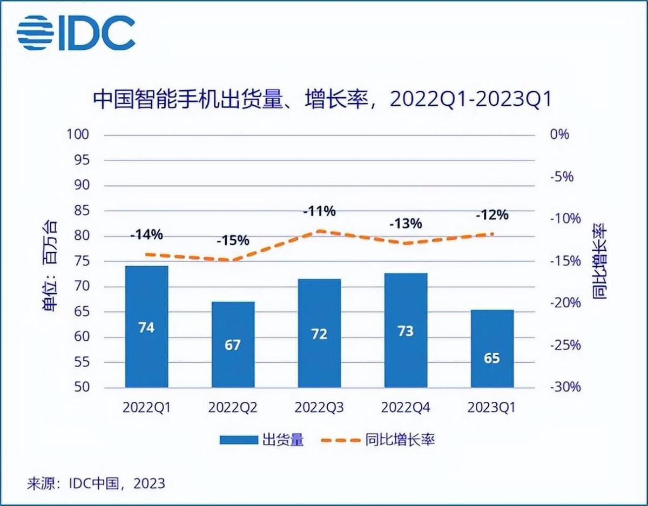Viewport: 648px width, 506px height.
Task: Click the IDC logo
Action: click(x=76, y=33)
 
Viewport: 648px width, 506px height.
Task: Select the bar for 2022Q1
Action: click(x=146, y=326)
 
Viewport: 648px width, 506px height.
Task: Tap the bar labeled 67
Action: click(x=233, y=345)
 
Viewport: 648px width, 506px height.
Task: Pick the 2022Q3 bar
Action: click(x=319, y=333)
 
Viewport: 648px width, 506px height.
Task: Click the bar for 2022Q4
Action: click(x=406, y=330)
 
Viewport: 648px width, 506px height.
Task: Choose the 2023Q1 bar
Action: click(x=492, y=348)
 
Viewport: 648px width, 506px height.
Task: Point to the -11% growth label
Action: click(x=319, y=211)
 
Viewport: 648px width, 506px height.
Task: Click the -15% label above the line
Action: click(x=233, y=240)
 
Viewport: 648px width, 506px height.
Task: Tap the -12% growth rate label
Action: click(x=492, y=215)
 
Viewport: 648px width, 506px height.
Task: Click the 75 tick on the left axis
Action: click(x=80, y=261)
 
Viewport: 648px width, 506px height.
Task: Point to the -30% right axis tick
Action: click(x=565, y=387)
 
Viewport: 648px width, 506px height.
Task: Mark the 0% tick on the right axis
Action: click(x=559, y=134)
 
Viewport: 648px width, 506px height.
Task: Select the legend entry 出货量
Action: click(x=261, y=440)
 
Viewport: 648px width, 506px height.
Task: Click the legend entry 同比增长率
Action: click(x=378, y=440)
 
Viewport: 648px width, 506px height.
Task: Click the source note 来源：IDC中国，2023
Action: click(x=96, y=483)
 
